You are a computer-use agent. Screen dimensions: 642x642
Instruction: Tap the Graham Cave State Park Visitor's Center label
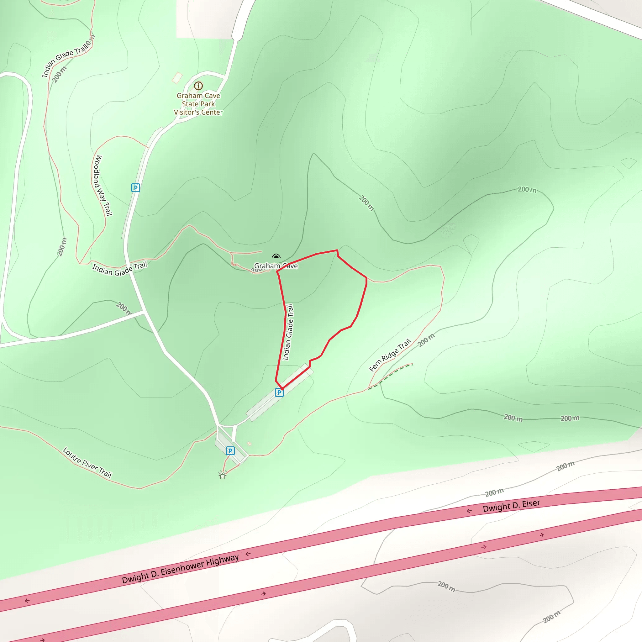pyautogui.click(x=198, y=104)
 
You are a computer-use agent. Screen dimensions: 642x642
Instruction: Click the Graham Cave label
pyautogui.click(x=276, y=266)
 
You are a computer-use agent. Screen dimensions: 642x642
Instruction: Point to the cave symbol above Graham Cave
pyautogui.click(x=276, y=256)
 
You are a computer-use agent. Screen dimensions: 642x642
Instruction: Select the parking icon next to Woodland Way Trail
pyautogui.click(x=135, y=188)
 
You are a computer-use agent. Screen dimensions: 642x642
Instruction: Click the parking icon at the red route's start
pyautogui.click(x=279, y=392)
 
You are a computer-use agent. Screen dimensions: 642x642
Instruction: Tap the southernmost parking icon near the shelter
pyautogui.click(x=230, y=450)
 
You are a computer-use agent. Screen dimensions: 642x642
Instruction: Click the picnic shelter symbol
pyautogui.click(x=223, y=476)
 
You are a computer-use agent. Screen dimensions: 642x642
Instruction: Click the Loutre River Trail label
pyautogui.click(x=87, y=463)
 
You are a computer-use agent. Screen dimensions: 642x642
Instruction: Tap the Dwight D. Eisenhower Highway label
pyautogui.click(x=181, y=569)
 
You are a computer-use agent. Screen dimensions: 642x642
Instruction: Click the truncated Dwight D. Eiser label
pyautogui.click(x=511, y=505)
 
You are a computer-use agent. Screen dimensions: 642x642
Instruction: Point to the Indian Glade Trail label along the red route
pyautogui.click(x=288, y=332)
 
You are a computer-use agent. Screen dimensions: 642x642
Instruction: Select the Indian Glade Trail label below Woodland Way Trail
pyautogui.click(x=120, y=270)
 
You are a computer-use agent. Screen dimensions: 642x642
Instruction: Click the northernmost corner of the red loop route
pyautogui.click(x=337, y=250)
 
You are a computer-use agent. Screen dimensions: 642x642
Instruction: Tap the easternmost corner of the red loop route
pyautogui.click(x=366, y=278)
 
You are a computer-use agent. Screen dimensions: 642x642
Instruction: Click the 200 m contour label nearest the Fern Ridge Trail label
pyautogui.click(x=426, y=340)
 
